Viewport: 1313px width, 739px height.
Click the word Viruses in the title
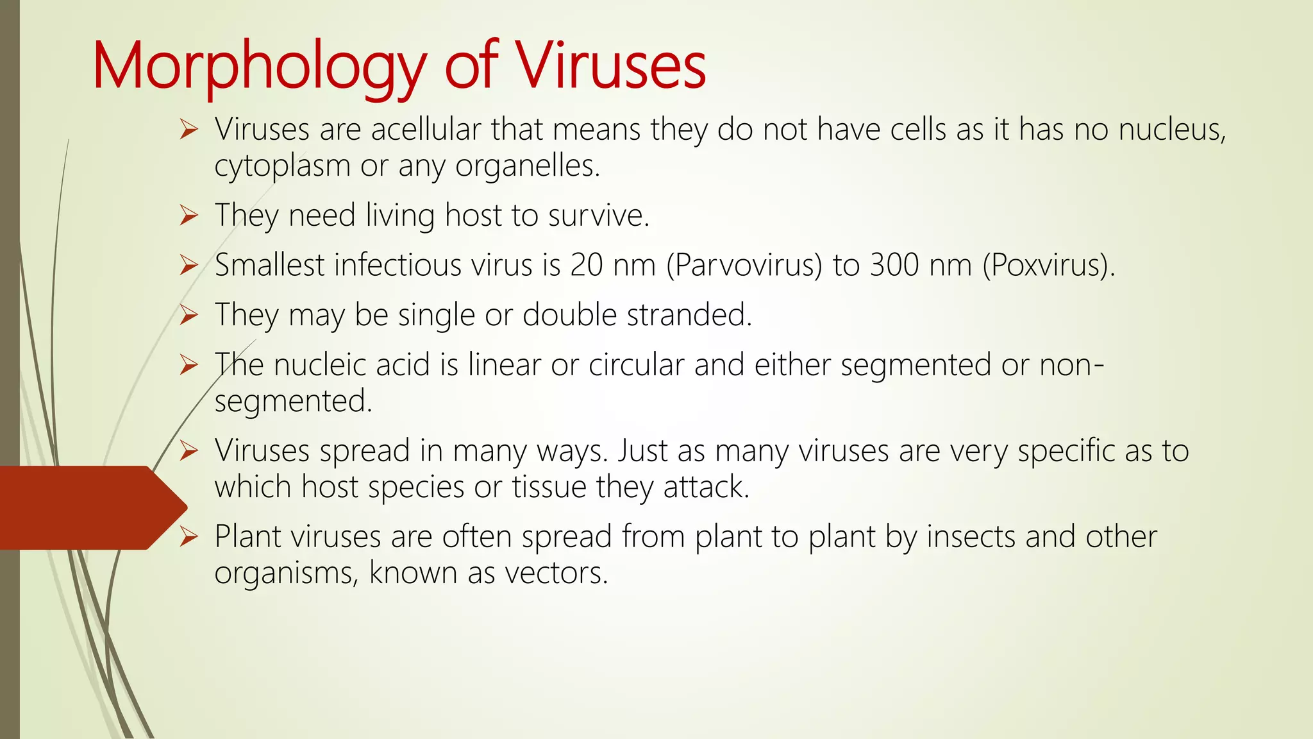611,66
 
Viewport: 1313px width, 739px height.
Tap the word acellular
426,130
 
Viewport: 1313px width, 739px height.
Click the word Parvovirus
745,265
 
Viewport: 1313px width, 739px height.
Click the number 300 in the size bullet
896,265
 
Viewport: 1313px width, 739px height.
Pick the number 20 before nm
586,265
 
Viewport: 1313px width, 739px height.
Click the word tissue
549,487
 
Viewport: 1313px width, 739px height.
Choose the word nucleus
1171,130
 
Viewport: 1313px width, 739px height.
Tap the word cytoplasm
282,166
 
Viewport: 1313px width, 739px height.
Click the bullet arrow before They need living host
189,216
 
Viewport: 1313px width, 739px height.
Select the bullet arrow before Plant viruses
189,536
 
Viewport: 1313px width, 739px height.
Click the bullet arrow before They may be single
189,315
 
